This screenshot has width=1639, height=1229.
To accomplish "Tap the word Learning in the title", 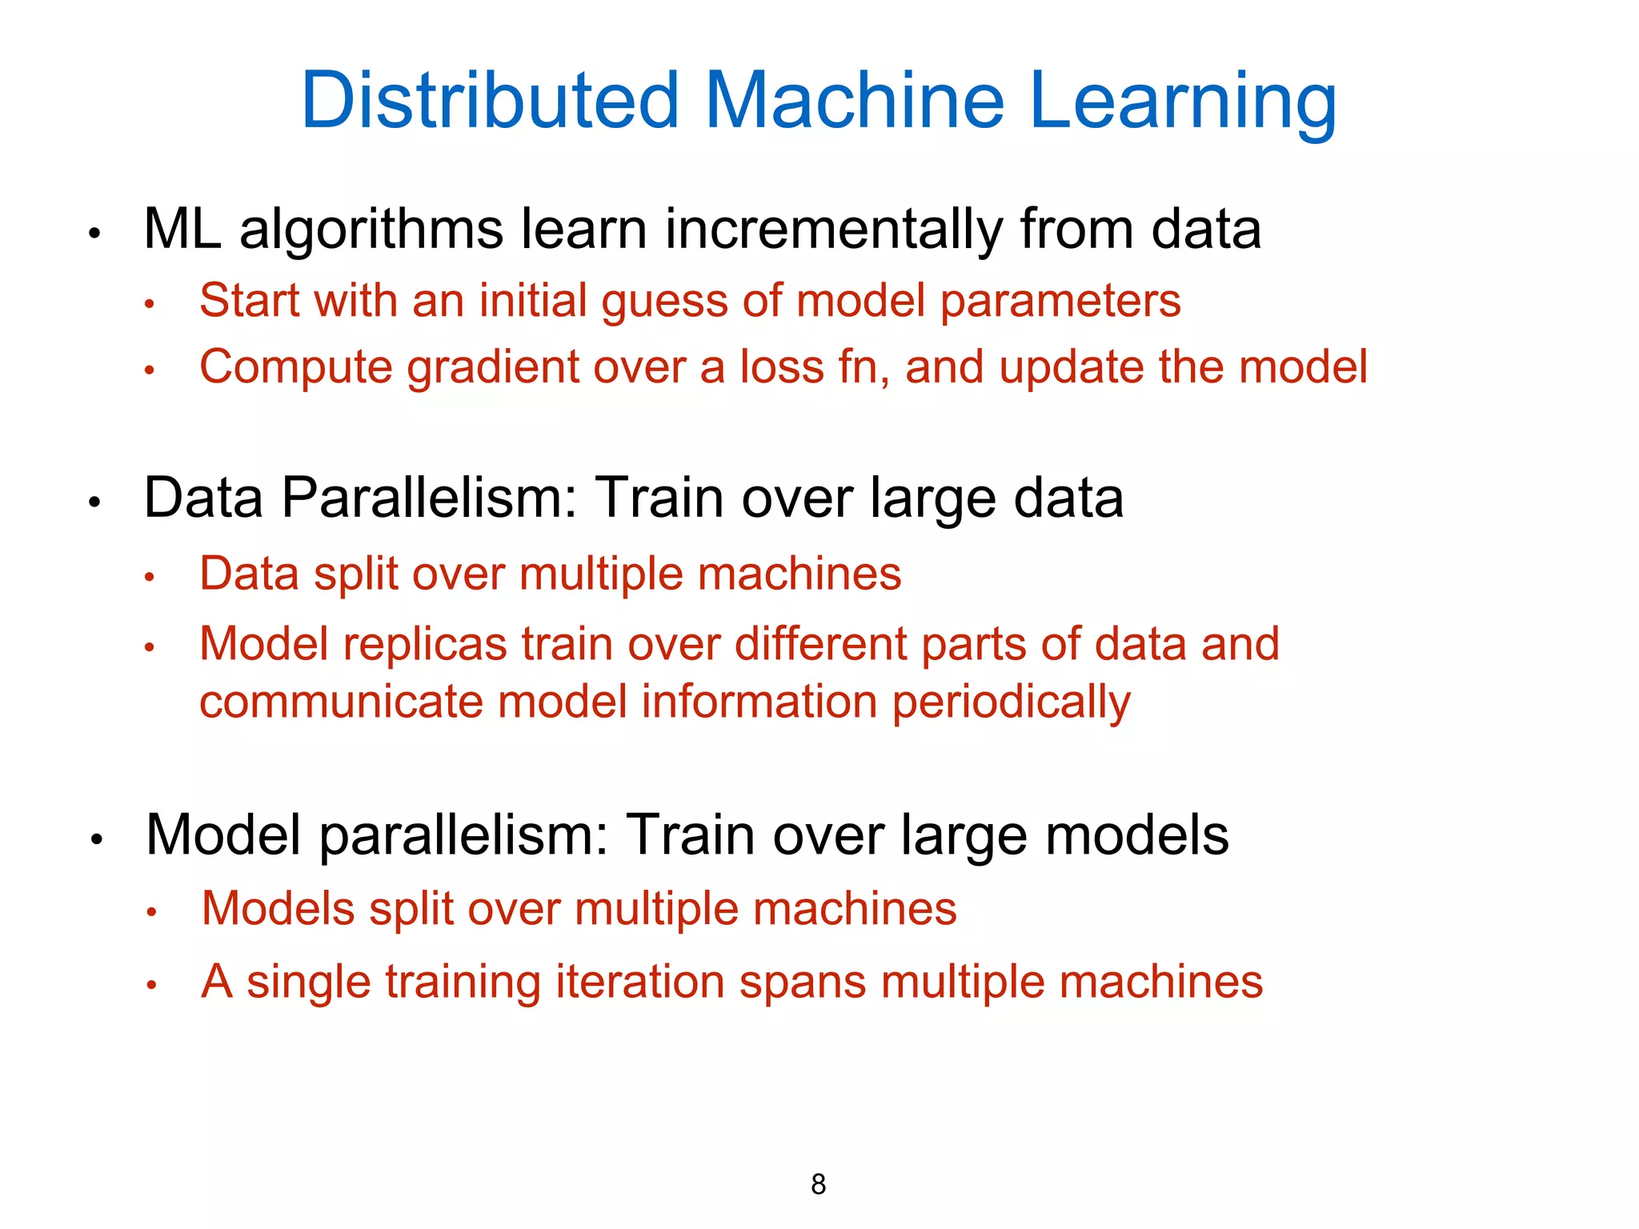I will pyautogui.click(x=1183, y=102).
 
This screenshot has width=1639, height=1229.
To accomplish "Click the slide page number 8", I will pyautogui.click(x=818, y=1184).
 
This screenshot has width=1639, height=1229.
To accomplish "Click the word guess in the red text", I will pyautogui.click(x=665, y=302).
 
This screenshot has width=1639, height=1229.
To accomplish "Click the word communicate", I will pyautogui.click(x=342, y=702).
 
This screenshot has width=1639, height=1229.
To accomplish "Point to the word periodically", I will pyautogui.click(x=1012, y=703).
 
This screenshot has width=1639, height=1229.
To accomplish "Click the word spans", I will pyautogui.click(x=803, y=983).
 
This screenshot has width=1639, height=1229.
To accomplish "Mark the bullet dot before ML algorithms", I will pyautogui.click(x=94, y=234).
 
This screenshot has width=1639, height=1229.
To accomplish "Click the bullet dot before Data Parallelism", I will pyautogui.click(x=94, y=502).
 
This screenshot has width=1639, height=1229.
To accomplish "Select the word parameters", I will pyautogui.click(x=1060, y=302).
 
